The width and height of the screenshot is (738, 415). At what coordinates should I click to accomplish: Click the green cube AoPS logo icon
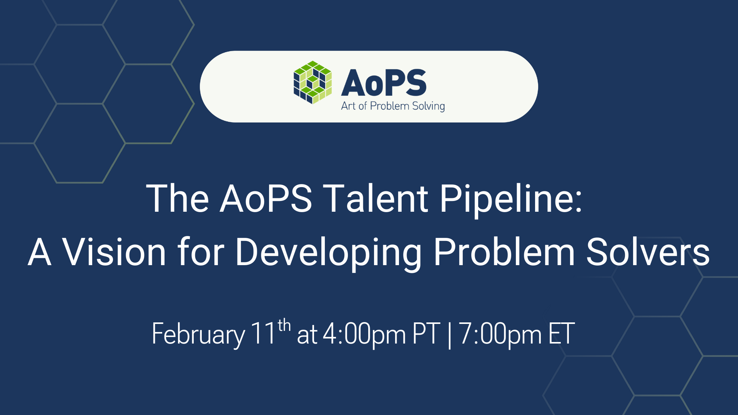312,82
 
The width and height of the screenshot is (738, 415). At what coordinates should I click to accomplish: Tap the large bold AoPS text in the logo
384,83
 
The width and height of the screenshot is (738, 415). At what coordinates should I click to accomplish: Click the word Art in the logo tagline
348,106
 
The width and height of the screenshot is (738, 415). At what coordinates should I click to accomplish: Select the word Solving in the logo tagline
428,106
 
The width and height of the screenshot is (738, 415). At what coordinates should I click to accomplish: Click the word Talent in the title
375,199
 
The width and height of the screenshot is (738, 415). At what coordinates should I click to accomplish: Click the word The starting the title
178,199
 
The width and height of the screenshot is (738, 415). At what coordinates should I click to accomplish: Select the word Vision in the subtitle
114,252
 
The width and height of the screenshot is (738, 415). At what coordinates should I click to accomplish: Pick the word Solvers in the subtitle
648,252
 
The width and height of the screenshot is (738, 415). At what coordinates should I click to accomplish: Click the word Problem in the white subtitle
504,252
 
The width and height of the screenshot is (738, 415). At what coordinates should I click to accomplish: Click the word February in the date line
198,334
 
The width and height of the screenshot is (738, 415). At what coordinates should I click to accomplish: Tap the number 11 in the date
263,333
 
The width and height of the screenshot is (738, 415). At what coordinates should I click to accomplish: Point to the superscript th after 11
284,325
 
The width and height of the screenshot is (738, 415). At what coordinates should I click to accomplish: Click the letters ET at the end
562,334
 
